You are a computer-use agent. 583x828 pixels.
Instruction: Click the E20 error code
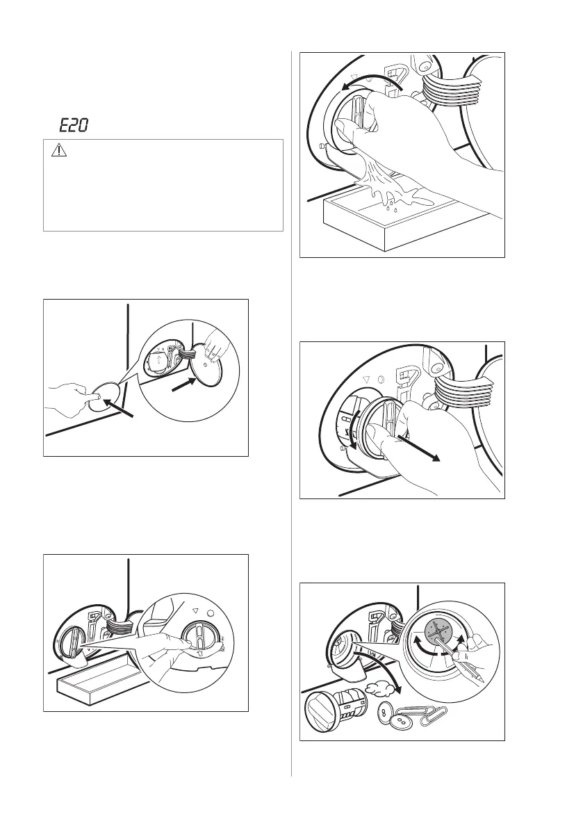pyautogui.click(x=74, y=126)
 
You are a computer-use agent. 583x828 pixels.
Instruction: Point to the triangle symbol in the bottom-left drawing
pyautogui.click(x=195, y=611)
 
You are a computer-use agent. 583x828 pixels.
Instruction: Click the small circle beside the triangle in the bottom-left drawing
pyautogui.click(x=211, y=614)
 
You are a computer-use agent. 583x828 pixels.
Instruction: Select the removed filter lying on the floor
pyautogui.click(x=334, y=711)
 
